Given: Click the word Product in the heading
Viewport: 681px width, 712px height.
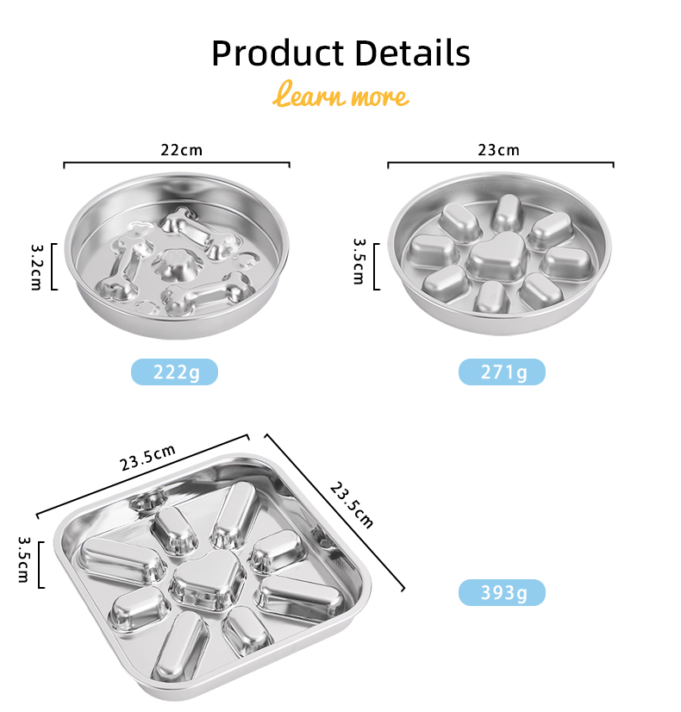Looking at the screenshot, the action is point(278,53).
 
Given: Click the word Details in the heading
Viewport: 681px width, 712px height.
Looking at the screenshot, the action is point(412,53).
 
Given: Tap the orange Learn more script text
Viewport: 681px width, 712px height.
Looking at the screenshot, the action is point(340,95).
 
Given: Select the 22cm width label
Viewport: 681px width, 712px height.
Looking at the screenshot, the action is point(181,150).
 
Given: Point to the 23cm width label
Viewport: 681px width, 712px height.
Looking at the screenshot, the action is point(498,150).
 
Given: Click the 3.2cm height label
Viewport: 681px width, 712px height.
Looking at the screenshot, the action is point(36,267).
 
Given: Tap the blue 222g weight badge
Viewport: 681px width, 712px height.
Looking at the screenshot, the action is point(174,372).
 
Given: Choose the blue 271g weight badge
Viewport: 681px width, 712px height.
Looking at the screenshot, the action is point(502,372).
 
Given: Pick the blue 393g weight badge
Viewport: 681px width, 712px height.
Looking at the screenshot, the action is point(502,592).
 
